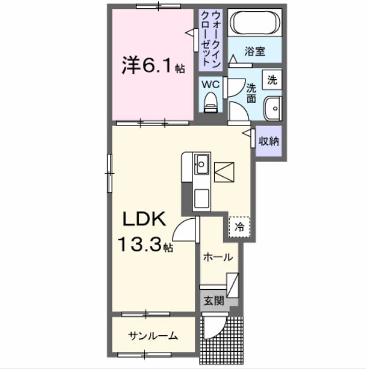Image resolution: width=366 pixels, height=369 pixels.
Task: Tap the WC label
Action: point(211,85)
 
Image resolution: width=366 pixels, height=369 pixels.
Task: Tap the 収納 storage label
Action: point(269,141)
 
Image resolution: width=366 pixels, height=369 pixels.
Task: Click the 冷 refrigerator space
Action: point(240,226)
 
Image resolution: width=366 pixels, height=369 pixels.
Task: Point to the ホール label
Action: point(218,257)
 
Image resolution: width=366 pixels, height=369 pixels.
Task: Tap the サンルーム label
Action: point(153,336)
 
